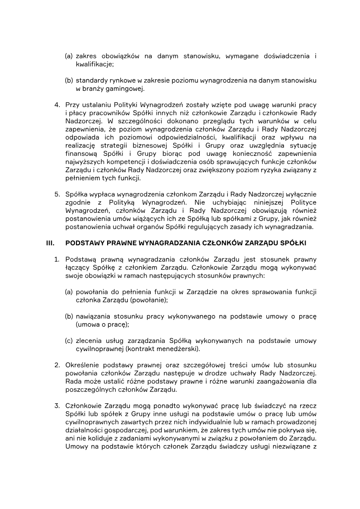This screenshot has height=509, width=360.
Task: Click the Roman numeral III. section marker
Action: tap(50, 243)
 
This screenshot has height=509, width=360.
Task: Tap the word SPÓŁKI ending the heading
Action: tap(294, 243)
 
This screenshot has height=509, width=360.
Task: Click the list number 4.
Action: tap(57, 105)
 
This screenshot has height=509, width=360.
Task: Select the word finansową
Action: tap(81, 153)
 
